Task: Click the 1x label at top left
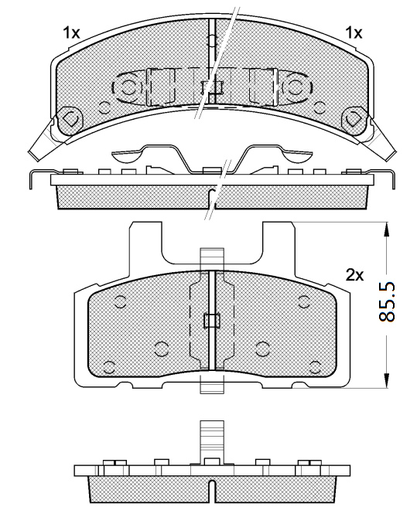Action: (72, 32)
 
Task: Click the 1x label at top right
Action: (353, 32)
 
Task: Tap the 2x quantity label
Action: (354, 275)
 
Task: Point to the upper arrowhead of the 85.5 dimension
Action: (385, 228)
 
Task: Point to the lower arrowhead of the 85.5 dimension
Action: (385, 381)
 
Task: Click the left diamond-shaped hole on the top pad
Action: (70, 118)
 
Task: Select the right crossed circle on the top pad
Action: (294, 87)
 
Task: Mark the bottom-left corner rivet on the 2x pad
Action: (109, 366)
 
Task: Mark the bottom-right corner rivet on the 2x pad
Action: (313, 366)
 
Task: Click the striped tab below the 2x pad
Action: (210, 386)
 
